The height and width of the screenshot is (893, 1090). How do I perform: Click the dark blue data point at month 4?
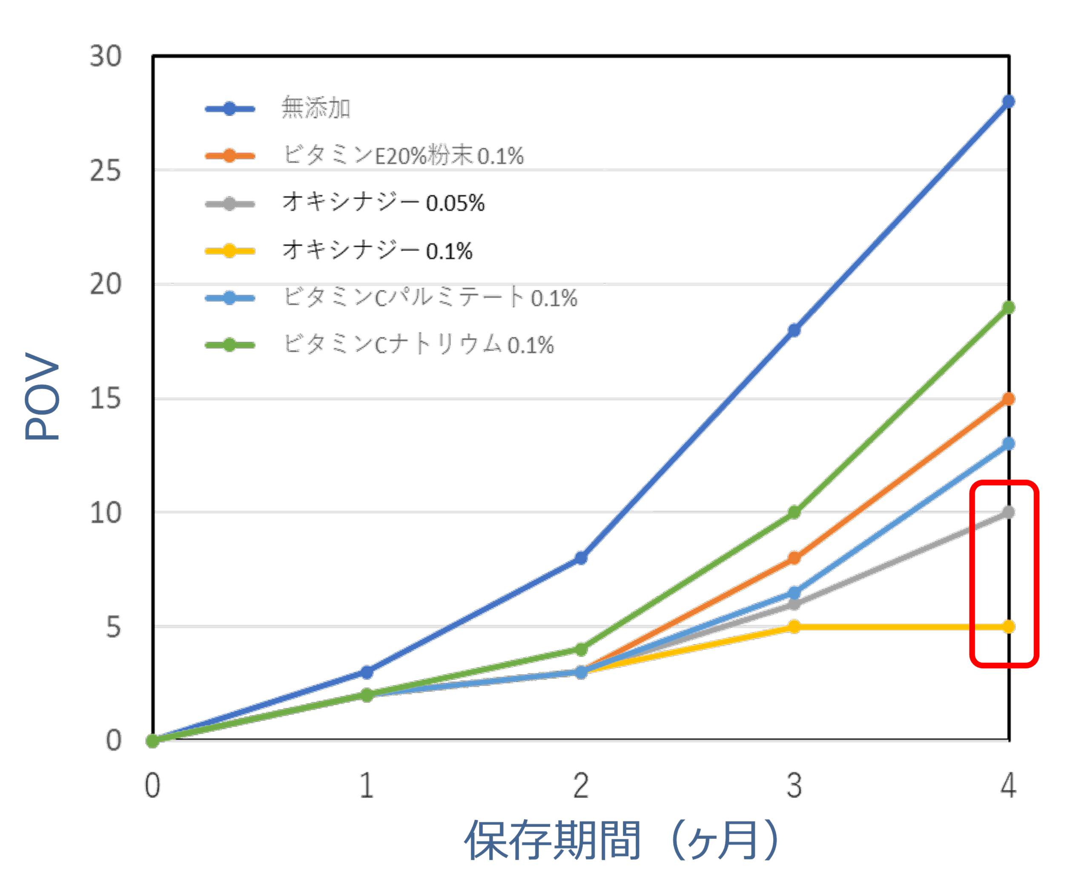pyautogui.click(x=1009, y=101)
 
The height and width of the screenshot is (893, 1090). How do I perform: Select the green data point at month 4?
pyautogui.click(x=1009, y=307)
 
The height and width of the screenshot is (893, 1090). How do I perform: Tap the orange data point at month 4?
pyautogui.click(x=1009, y=399)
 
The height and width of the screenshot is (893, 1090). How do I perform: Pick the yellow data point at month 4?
pyautogui.click(x=1009, y=626)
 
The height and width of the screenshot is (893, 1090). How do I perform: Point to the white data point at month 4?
pyautogui.click(x=1009, y=512)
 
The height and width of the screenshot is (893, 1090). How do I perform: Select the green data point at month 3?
pyautogui.click(x=794, y=512)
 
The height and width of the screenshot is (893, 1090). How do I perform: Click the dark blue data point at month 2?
pyautogui.click(x=581, y=558)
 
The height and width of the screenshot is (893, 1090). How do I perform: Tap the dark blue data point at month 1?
pyautogui.click(x=367, y=672)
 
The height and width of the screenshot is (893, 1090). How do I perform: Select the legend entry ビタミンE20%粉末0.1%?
pyautogui.click(x=403, y=155)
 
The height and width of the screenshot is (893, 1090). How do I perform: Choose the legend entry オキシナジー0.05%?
pyautogui.click(x=383, y=203)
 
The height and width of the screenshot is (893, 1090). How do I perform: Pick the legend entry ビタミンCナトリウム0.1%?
pyautogui.click(x=418, y=344)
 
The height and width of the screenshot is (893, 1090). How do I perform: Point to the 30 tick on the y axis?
pyautogui.click(x=106, y=55)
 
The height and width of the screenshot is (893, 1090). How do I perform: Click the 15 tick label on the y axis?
pyautogui.click(x=106, y=399)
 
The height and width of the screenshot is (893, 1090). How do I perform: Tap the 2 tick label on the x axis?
pyautogui.click(x=581, y=786)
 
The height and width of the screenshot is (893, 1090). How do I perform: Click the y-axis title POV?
pyautogui.click(x=42, y=396)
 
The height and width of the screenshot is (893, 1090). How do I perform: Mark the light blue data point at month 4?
pyautogui.click(x=1009, y=443)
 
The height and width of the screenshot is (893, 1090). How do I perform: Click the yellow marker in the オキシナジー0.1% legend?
pyautogui.click(x=229, y=251)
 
